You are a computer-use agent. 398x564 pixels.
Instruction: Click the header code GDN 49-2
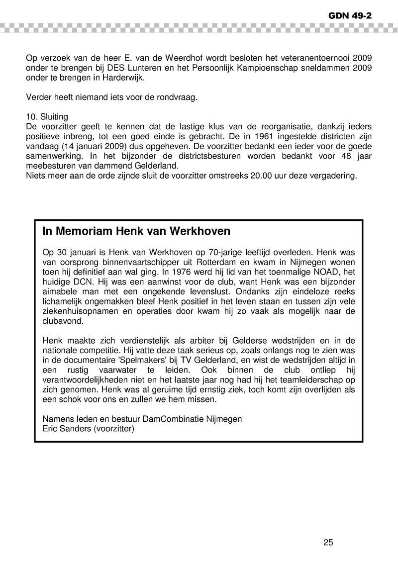350,16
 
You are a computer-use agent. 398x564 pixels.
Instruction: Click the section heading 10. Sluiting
47,117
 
